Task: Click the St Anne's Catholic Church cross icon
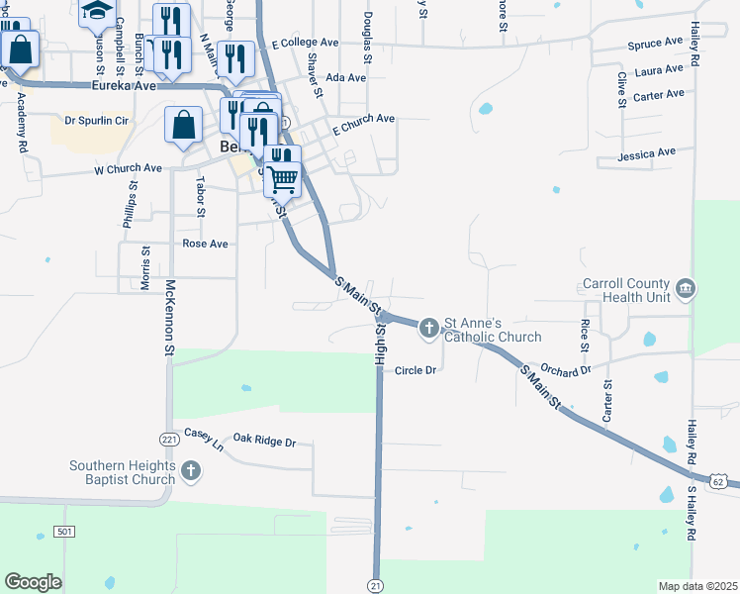pyautogui.click(x=428, y=327)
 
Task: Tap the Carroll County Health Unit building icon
pyautogui.click(x=685, y=290)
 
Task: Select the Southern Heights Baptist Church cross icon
pyautogui.click(x=191, y=472)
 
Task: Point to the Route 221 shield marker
pyautogui.click(x=167, y=438)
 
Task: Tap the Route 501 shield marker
pyautogui.click(x=64, y=533)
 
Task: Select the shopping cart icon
pyautogui.click(x=283, y=179)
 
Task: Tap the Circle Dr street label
pyautogui.click(x=416, y=370)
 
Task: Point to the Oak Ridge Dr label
pyautogui.click(x=264, y=440)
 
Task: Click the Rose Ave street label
pyautogui.click(x=205, y=244)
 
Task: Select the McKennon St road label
pyautogui.click(x=169, y=316)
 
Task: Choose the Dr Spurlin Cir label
pyautogui.click(x=97, y=121)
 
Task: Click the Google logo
pyautogui.click(x=34, y=581)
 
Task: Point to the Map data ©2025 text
pyautogui.click(x=697, y=586)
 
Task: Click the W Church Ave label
pyautogui.click(x=128, y=169)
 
